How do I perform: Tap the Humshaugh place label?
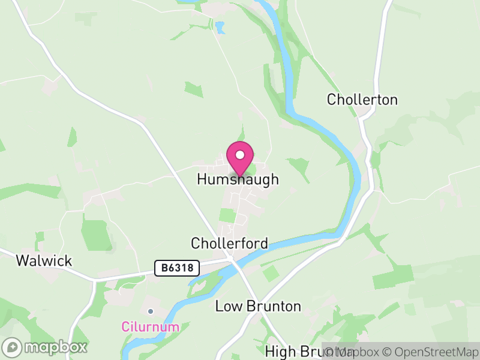click(238, 180)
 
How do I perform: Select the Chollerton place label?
click(362, 100)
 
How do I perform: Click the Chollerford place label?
click(229, 243)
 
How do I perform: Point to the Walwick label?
click(44, 260)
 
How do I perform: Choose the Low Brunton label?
click(258, 306)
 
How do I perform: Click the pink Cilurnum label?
click(150, 327)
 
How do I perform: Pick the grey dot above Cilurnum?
click(151, 311)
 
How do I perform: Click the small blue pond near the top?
click(221, 27)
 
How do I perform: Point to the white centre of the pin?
click(240, 155)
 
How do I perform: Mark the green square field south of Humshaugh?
click(227, 215)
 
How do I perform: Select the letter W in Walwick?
click(23, 260)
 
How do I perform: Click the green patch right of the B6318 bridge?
click(271, 274)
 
